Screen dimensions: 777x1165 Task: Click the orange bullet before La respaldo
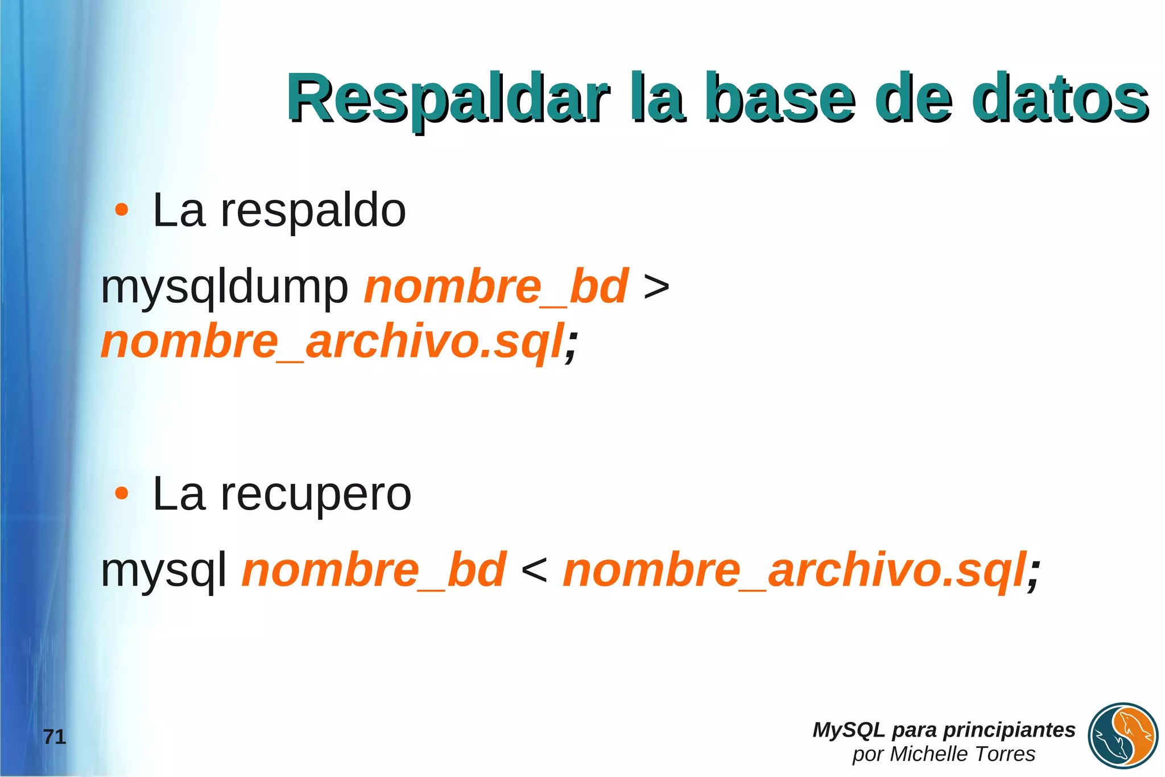(121, 210)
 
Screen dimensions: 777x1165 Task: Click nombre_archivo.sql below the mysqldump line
(333, 342)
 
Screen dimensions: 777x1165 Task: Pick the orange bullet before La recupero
(121, 494)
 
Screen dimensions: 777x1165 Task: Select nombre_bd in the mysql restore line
(374, 570)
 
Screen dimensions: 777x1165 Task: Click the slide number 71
(55, 737)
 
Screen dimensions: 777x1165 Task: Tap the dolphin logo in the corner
(1123, 736)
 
